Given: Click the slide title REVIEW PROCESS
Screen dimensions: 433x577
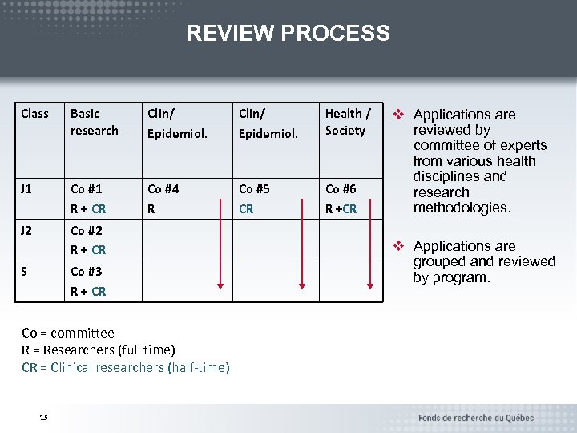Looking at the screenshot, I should [288, 34].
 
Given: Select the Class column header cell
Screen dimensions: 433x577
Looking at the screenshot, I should [34, 114].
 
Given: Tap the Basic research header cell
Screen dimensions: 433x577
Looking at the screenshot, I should [94, 122].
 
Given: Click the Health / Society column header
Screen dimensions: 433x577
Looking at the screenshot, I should [347, 122].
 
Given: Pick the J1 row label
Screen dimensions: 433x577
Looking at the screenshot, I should [27, 189].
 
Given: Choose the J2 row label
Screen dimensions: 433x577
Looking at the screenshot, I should [27, 230].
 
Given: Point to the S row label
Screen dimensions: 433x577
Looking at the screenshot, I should [24, 272].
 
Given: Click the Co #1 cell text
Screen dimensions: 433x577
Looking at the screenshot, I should [86, 189].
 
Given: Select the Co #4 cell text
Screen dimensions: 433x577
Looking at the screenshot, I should [163, 189].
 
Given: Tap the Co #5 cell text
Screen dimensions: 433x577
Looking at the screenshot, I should [254, 189].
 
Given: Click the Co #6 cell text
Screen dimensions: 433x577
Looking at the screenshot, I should [341, 189].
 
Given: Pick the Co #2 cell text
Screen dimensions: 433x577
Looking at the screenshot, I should [86, 231].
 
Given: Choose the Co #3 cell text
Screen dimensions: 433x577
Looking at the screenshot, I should [86, 273].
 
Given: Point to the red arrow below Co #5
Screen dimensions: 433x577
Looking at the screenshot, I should [301, 257].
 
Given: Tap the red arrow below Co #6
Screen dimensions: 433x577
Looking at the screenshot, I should [370, 257].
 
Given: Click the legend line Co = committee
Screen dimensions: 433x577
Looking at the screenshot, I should [68, 333].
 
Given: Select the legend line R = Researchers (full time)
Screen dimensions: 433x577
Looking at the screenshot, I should [99, 350].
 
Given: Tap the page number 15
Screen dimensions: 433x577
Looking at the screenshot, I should [43, 416].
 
